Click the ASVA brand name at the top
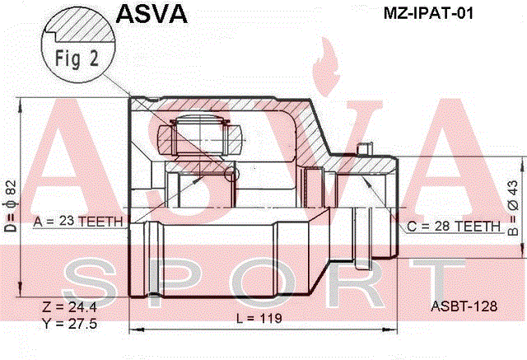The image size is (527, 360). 152,13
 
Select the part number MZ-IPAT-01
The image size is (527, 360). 428,13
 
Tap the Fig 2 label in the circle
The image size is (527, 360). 77,58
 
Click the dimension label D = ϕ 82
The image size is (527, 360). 11,206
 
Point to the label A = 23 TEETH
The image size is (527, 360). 78,222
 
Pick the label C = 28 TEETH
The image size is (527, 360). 454,227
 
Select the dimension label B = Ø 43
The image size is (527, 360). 513,208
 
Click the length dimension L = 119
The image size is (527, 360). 259,318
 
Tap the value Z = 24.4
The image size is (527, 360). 69,307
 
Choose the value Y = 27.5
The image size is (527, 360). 69,324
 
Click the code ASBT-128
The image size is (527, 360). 464,306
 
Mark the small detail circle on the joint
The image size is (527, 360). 231,174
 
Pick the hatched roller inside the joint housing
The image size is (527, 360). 200,139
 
